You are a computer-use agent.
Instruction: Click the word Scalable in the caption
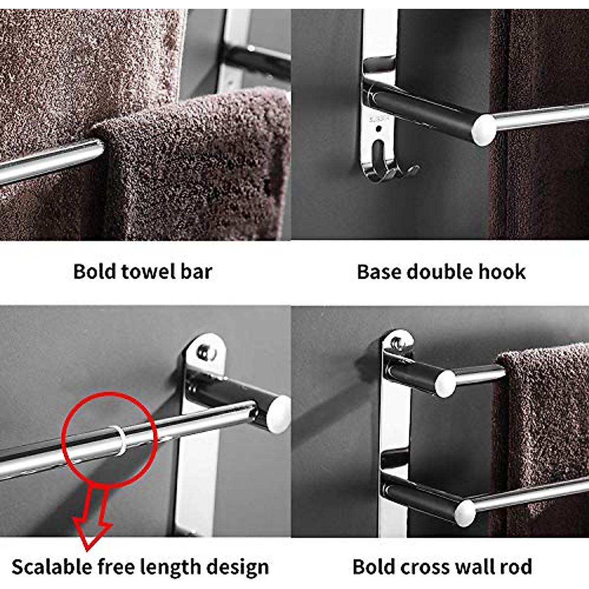51,567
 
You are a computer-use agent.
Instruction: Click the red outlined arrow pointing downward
93,520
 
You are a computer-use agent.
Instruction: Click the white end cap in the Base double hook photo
484,129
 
